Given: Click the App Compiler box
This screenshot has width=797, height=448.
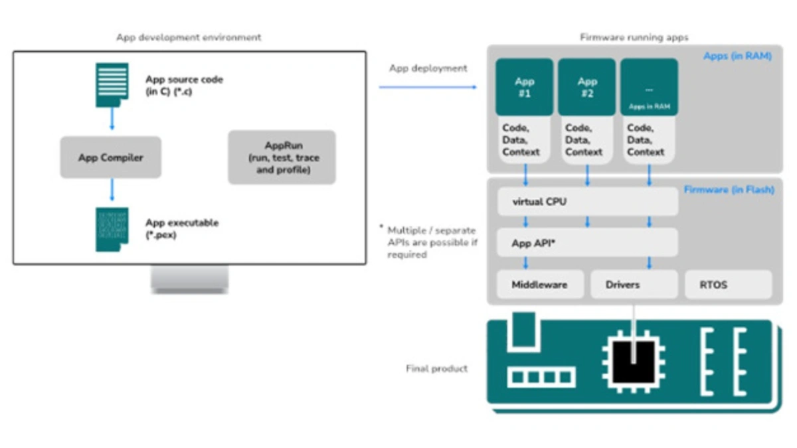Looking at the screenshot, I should pyautogui.click(x=110, y=157).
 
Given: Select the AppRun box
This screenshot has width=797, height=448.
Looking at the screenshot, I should pyautogui.click(x=282, y=157).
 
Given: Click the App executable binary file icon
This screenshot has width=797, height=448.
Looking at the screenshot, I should pyautogui.click(x=112, y=229).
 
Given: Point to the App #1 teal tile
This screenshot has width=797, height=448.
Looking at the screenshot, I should pyautogui.click(x=525, y=88).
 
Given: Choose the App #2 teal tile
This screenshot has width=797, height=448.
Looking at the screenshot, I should pyautogui.click(x=587, y=88).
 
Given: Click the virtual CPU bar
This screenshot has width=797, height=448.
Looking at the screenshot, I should pyautogui.click(x=587, y=201).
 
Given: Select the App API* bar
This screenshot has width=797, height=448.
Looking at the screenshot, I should pyautogui.click(x=587, y=243).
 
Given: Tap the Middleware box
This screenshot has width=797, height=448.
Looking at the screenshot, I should pyautogui.click(x=540, y=285).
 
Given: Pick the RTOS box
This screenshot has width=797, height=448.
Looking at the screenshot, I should pyautogui.click(x=728, y=285).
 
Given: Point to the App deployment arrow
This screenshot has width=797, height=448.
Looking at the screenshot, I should pyautogui.click(x=428, y=87).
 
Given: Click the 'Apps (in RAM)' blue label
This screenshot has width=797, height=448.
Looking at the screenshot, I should pyautogui.click(x=737, y=56).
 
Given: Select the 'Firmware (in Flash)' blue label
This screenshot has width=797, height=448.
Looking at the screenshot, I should pyautogui.click(x=729, y=190).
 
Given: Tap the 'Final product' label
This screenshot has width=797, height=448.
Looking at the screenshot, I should pyautogui.click(x=436, y=368).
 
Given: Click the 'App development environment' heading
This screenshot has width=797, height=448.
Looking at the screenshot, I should pyautogui.click(x=189, y=37).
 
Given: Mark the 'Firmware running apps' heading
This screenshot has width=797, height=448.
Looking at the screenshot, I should pyautogui.click(x=634, y=37).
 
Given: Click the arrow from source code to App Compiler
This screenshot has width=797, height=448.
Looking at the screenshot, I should pyautogui.click(x=112, y=119).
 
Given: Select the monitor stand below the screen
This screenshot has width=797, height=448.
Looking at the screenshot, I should pyautogui.click(x=189, y=279).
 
